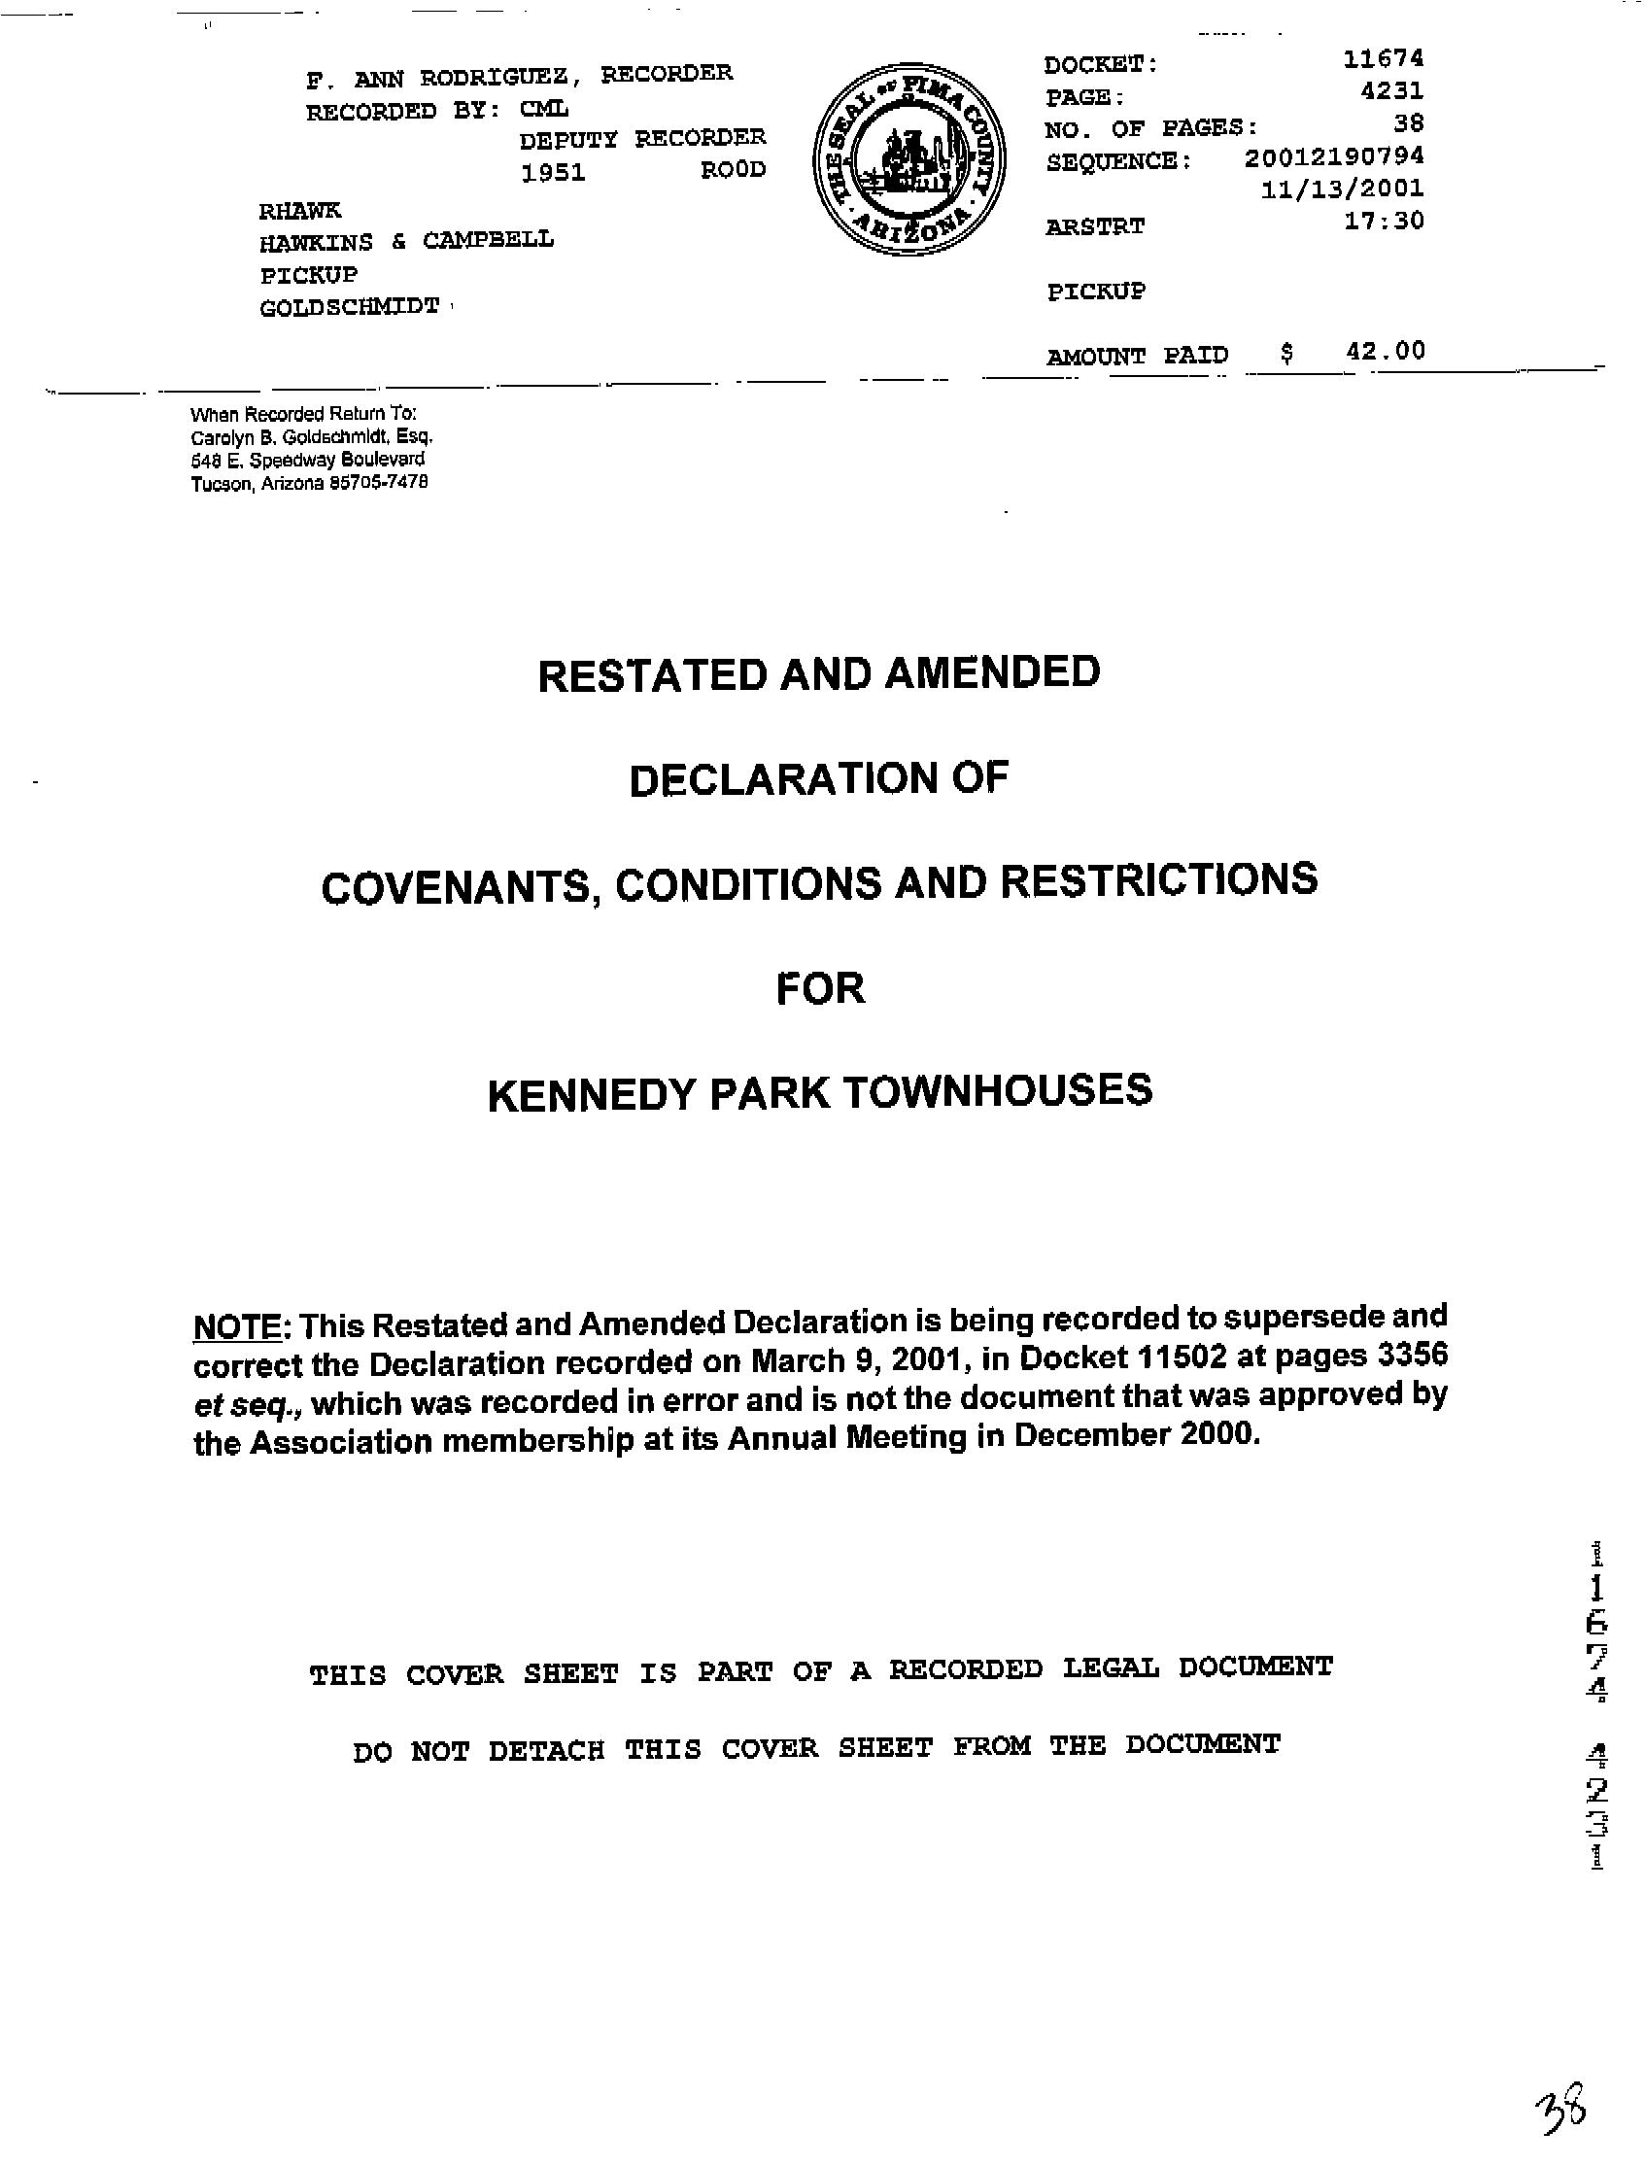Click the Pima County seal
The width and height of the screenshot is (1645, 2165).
[x=908, y=161]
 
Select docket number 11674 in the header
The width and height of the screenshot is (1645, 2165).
[x=1383, y=58]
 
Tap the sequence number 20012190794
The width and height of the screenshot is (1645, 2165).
[x=1334, y=156]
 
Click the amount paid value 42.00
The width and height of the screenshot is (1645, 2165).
[x=1385, y=351]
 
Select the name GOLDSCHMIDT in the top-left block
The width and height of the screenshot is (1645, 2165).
[x=350, y=307]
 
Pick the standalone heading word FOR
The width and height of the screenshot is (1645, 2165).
[x=820, y=989]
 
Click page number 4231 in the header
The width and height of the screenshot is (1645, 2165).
[x=1391, y=91]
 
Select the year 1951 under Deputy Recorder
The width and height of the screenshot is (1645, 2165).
[x=553, y=173]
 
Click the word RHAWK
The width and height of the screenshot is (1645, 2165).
[x=299, y=211]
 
